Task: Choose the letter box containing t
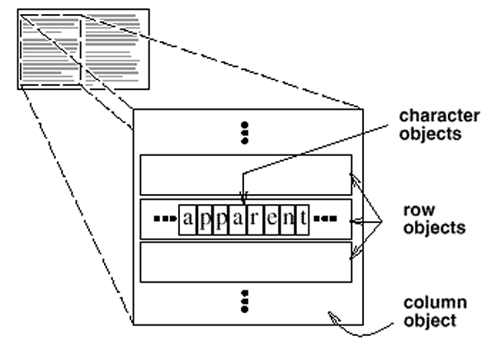point(303,220)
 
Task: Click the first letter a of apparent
point(188,220)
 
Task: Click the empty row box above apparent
point(246,174)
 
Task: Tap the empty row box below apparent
point(246,263)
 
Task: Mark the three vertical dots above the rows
point(245,131)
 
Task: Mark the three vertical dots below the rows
point(245,302)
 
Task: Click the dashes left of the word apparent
point(165,220)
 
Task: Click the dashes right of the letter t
point(323,220)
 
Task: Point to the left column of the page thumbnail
point(50,50)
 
